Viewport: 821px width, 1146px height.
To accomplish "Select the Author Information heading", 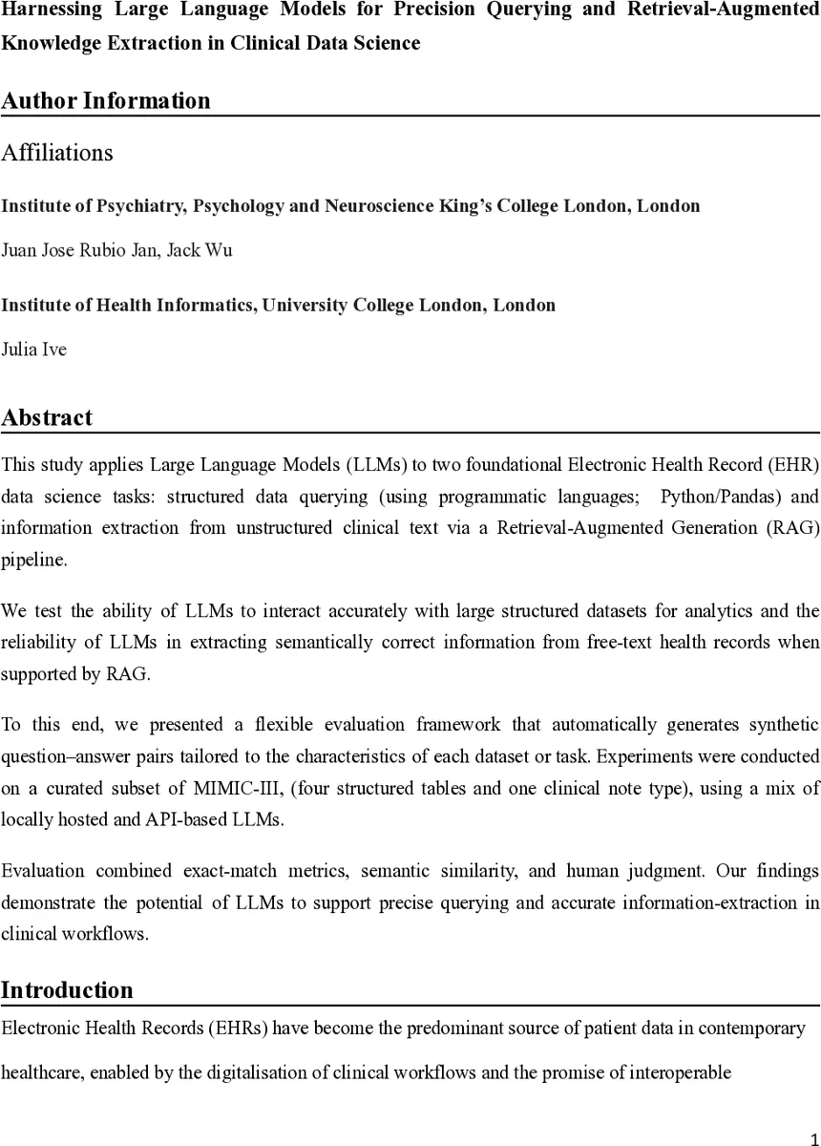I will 105,100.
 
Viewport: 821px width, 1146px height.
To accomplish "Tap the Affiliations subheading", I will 57,153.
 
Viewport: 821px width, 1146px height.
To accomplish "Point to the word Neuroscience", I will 382,205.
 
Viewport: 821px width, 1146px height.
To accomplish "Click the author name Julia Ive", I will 34,350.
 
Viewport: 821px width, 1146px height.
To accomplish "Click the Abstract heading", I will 47,417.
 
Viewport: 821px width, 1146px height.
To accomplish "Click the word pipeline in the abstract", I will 34,560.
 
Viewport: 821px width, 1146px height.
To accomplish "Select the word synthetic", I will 787,725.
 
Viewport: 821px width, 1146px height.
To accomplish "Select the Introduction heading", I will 67,990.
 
